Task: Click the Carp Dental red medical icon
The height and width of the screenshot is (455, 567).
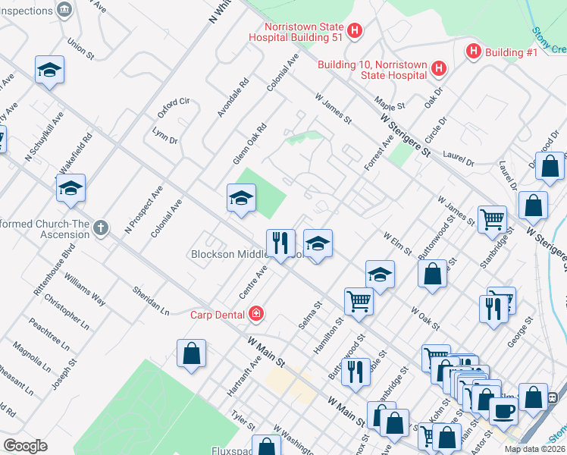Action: coord(257,313)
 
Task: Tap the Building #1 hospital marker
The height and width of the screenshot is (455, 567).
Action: coord(474,52)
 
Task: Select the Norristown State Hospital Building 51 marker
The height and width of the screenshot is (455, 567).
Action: coord(355,32)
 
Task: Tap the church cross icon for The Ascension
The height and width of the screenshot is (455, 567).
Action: coord(102,227)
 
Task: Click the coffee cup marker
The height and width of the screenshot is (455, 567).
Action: coord(504,410)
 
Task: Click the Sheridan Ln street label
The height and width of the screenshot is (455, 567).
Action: coord(150,300)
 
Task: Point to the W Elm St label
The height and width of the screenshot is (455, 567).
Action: coord(397,244)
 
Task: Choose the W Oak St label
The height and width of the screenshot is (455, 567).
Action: coord(426,317)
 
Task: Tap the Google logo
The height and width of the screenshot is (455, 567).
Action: coord(25,446)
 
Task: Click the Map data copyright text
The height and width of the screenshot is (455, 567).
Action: coord(534,449)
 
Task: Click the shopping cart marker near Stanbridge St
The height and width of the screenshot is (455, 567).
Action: coord(493,220)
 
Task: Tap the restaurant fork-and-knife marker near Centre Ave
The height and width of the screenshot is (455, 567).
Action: coord(280,243)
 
